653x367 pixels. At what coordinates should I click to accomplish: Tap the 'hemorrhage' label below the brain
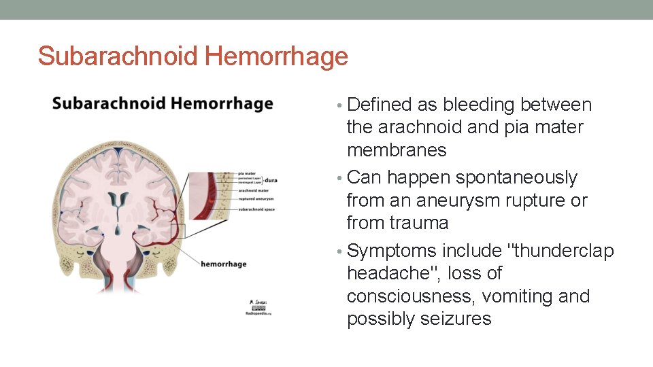(x=223, y=263)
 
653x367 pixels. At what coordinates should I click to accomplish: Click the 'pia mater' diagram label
(x=249, y=174)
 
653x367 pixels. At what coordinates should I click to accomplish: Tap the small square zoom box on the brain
(x=178, y=230)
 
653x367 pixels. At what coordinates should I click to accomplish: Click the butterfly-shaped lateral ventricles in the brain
(x=120, y=201)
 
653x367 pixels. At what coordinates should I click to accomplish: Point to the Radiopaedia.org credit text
(x=258, y=314)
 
